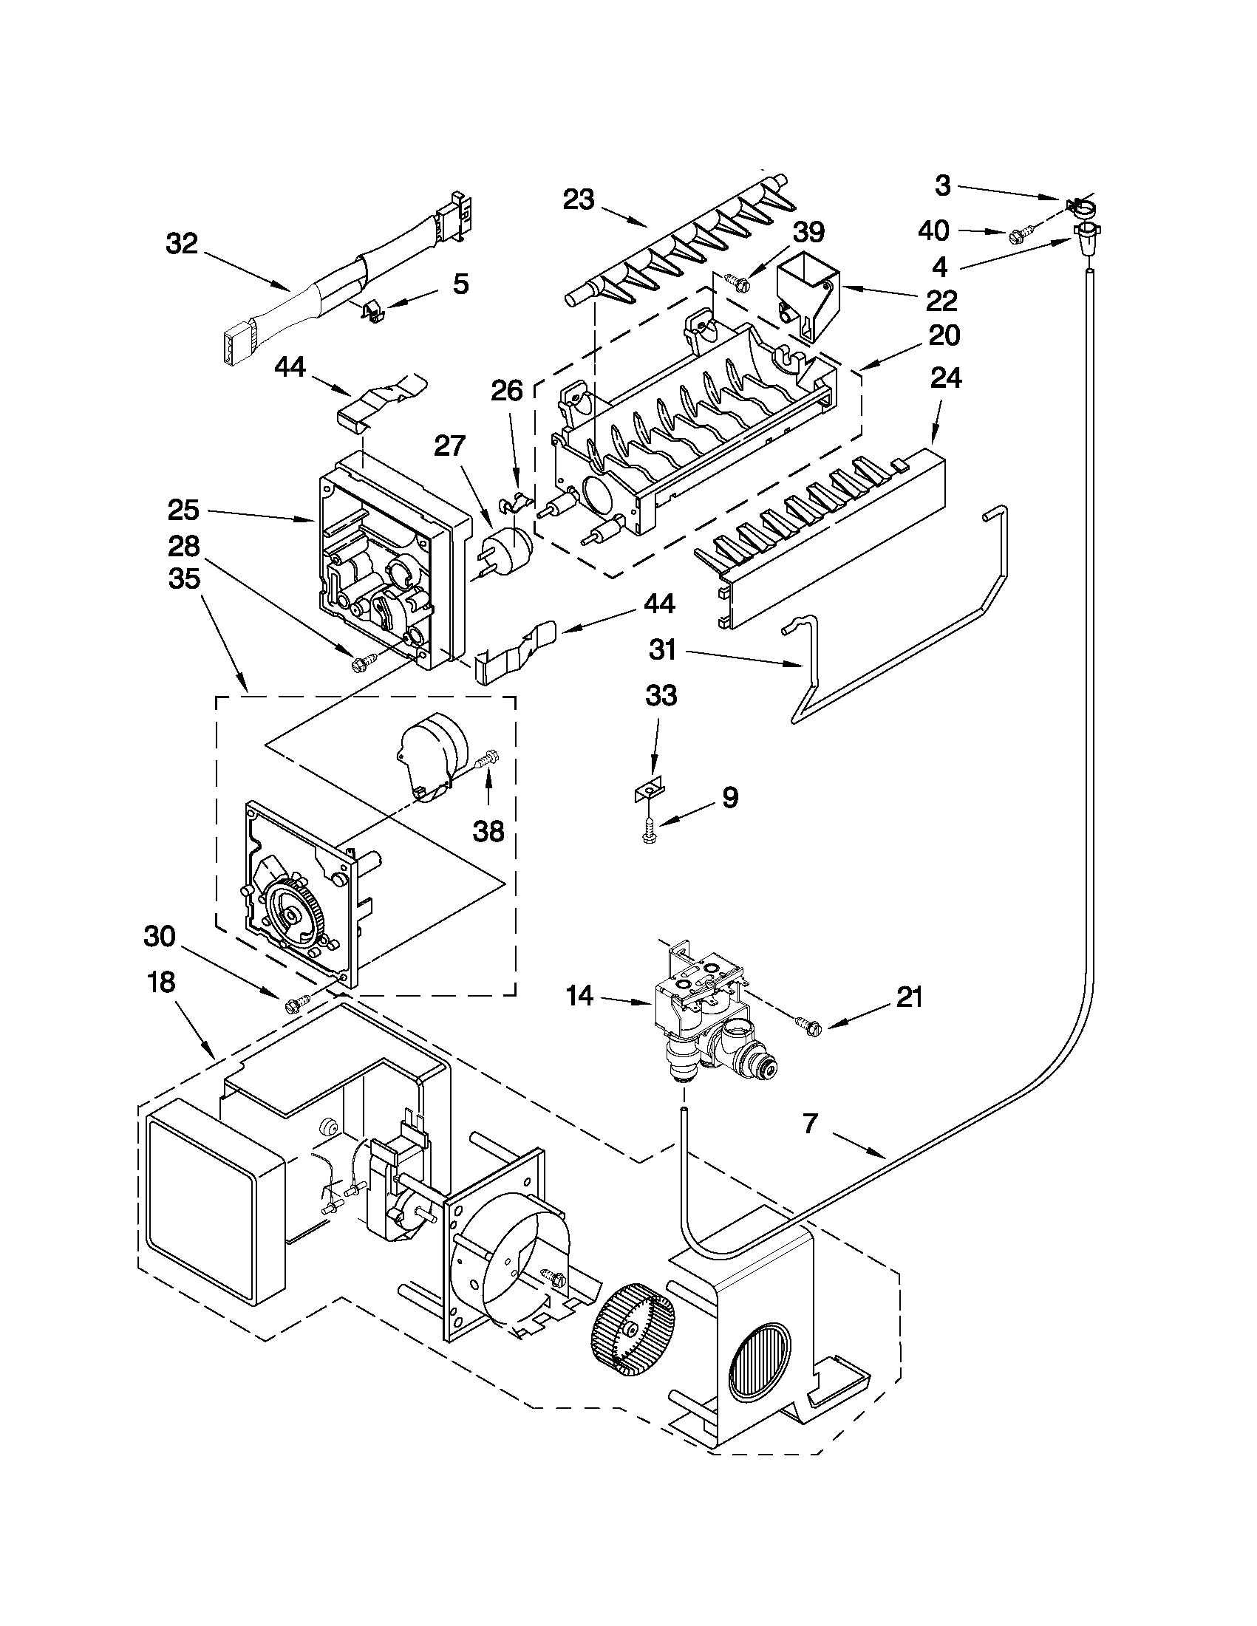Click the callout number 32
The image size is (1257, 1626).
(x=181, y=243)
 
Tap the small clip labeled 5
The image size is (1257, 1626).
(x=371, y=310)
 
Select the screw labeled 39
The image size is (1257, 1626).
(x=732, y=282)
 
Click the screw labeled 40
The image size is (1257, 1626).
(x=1017, y=237)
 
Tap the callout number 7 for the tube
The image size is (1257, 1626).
(x=811, y=1123)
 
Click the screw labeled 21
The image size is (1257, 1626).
(x=805, y=1026)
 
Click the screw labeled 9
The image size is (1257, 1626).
(x=649, y=832)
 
